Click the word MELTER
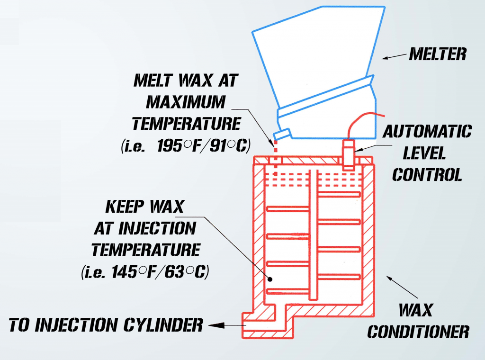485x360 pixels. pos(437,54)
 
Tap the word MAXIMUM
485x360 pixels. pos(186,102)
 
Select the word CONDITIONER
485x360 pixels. pos(418,332)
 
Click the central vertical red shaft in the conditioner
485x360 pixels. pos(313,237)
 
